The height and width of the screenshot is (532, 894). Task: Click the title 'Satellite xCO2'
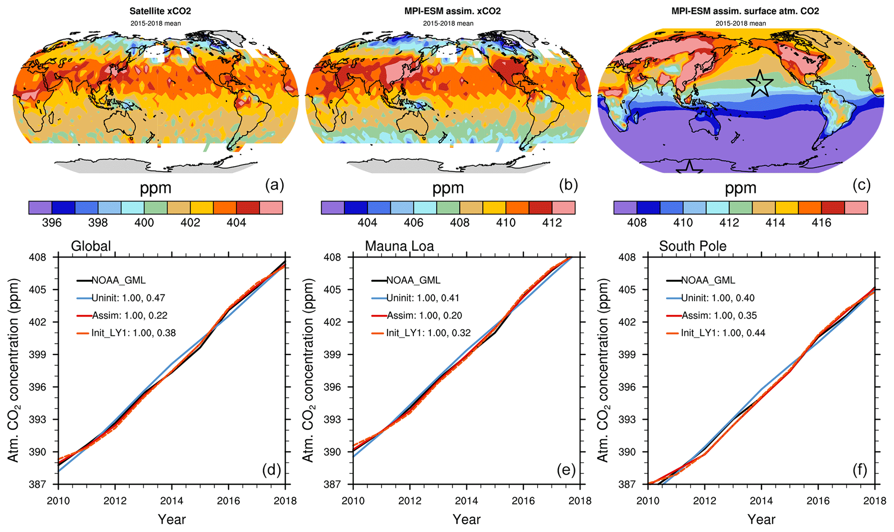160,11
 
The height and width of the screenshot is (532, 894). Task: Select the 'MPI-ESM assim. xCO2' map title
452,11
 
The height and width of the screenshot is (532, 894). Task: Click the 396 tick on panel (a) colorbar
52,223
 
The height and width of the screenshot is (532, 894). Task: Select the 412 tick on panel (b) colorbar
552,223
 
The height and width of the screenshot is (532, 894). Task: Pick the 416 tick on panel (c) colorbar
821,223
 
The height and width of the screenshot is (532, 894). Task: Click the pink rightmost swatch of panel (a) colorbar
271,208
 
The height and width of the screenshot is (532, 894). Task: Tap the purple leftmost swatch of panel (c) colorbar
625,208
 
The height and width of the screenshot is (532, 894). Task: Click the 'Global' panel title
91,246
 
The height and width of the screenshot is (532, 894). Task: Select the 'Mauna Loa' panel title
399,246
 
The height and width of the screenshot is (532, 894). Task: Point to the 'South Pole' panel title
692,246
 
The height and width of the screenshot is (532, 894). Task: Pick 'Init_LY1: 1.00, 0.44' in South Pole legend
723,333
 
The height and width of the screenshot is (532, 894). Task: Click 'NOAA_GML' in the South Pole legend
708,280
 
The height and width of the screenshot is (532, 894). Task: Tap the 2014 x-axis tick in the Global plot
172,501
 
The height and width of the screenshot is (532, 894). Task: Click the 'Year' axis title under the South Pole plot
762,519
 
